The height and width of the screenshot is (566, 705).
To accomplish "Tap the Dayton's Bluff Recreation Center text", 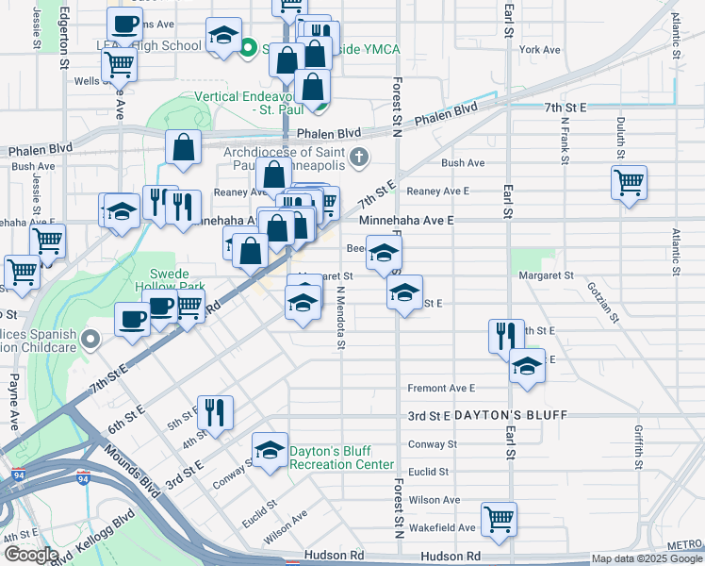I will click(x=340, y=458).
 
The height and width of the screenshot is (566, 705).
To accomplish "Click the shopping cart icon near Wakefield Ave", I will click(x=498, y=518).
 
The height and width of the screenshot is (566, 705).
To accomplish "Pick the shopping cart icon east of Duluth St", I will click(x=629, y=181).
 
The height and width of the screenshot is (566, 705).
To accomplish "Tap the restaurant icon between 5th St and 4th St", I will click(x=215, y=412).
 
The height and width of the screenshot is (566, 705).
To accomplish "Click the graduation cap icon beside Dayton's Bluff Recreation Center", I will click(x=270, y=450).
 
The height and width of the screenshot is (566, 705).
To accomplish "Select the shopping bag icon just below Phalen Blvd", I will click(x=184, y=148).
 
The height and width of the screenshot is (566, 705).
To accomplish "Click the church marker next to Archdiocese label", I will click(x=358, y=157).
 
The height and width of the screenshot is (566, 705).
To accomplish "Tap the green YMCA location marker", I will click(x=250, y=47).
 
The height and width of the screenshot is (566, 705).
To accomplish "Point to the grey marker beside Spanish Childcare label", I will click(x=90, y=338).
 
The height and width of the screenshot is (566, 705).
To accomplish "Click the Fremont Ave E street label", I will click(x=441, y=388).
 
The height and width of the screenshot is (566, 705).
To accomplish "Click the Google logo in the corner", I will click(x=31, y=554).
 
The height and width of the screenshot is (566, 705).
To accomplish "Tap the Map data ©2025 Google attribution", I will click(x=646, y=558).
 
